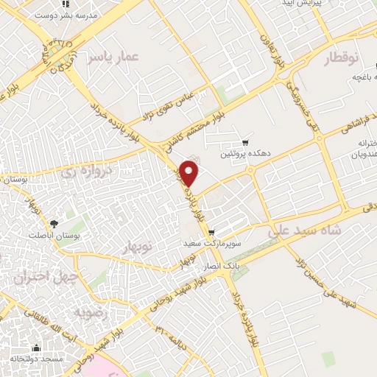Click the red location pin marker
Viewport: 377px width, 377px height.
click(x=190, y=172)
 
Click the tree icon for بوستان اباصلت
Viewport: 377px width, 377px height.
click(x=53, y=223)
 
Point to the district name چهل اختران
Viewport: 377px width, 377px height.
click(x=40, y=275)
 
